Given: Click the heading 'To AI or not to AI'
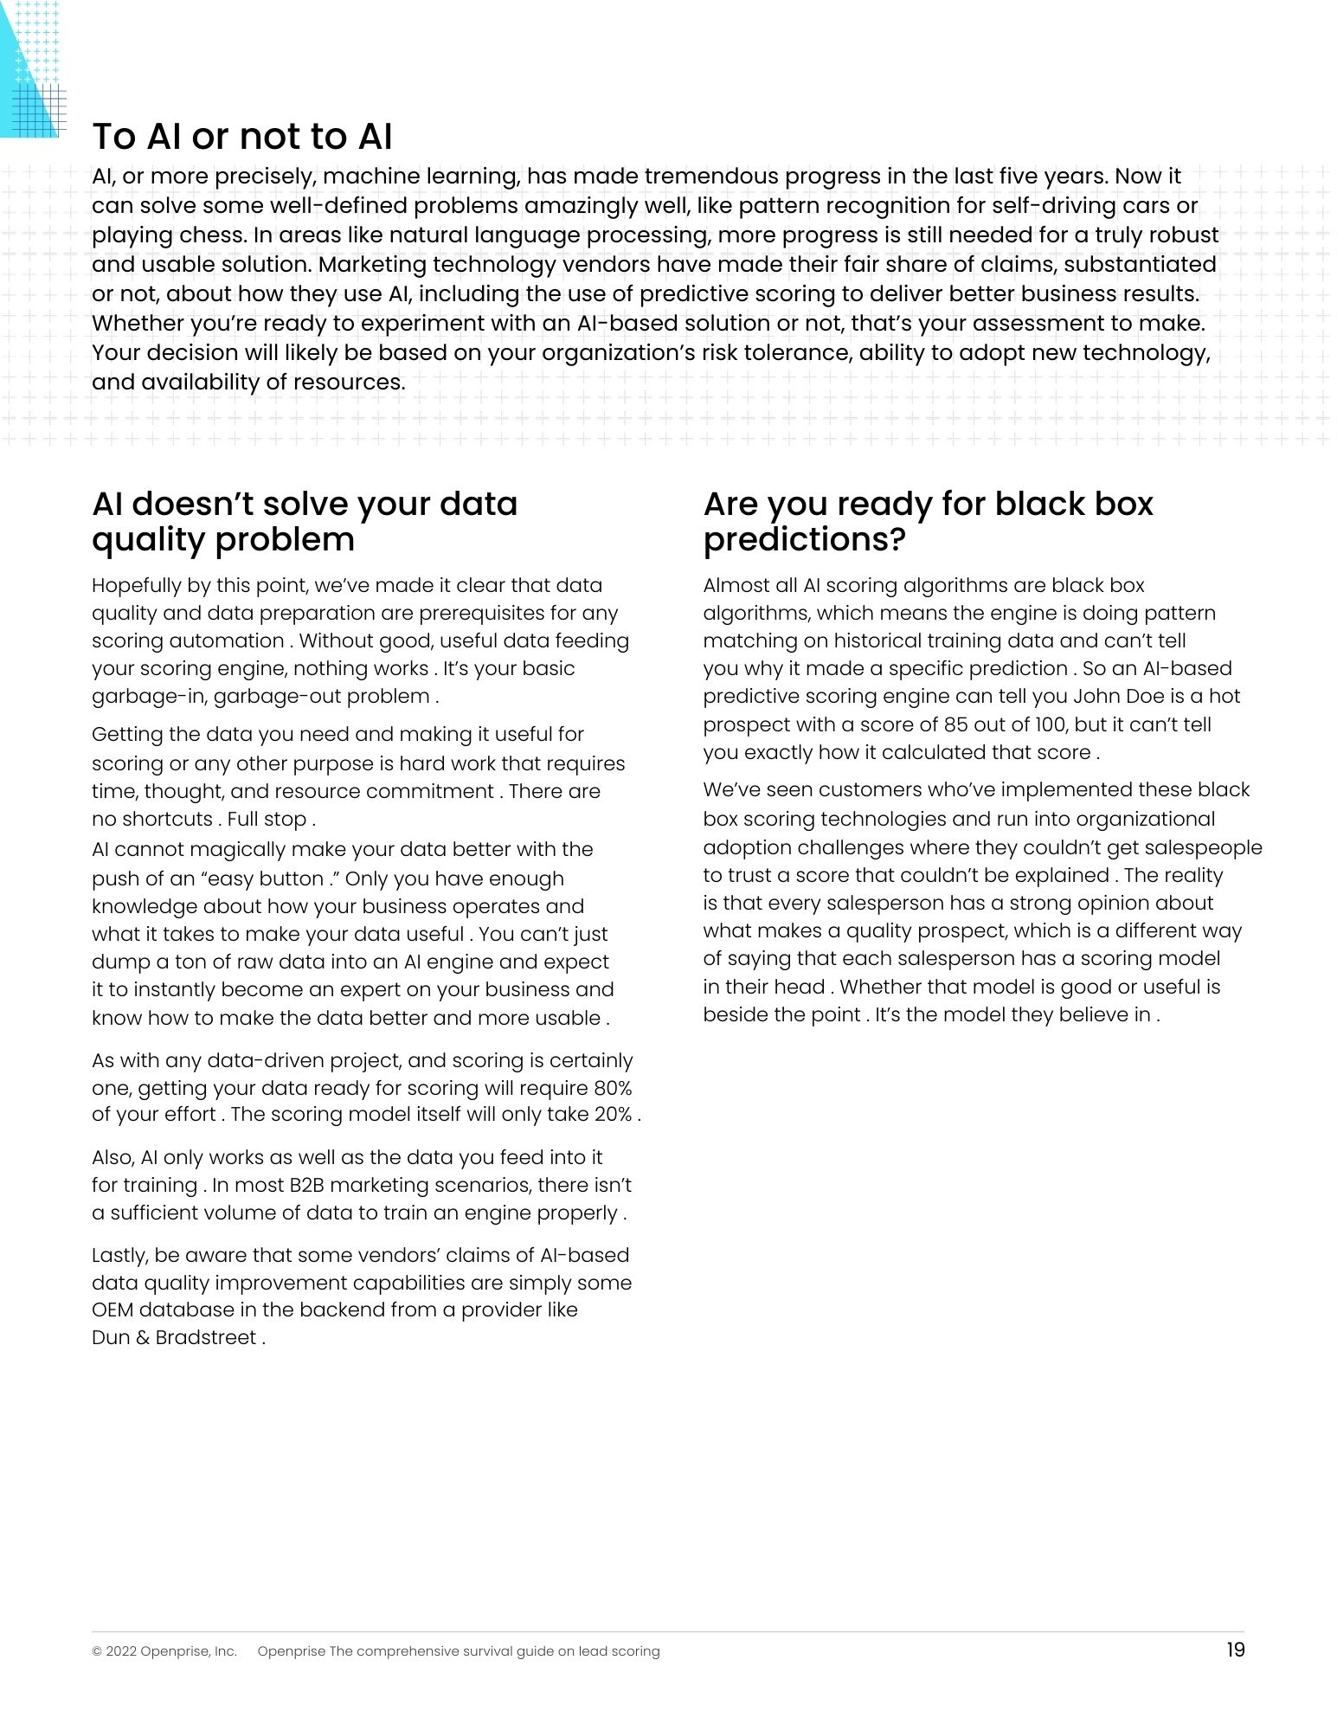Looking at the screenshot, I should click(242, 137).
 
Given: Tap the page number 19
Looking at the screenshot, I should click(1235, 1650).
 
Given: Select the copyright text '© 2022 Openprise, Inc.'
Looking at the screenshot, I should click(164, 1651).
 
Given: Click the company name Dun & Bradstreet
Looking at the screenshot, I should click(174, 1337).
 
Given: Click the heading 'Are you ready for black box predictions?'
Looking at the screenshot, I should click(928, 521).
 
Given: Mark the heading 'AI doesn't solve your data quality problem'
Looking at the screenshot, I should click(305, 521).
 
